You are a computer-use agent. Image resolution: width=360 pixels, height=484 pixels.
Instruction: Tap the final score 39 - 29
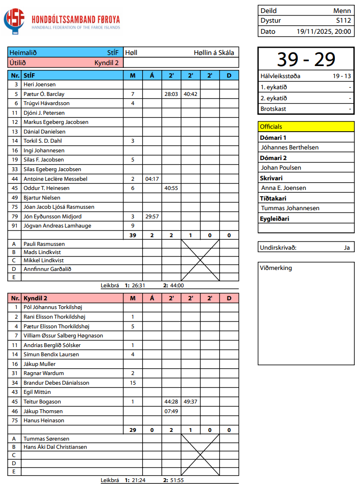tap(306, 59)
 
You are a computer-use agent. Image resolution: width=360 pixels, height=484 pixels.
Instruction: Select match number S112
tap(344, 21)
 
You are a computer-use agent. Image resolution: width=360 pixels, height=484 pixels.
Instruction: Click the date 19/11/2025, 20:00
tap(324, 31)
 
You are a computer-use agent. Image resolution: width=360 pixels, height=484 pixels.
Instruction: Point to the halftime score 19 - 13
tap(341, 76)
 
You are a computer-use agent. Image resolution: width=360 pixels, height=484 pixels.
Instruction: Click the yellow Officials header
tap(306, 127)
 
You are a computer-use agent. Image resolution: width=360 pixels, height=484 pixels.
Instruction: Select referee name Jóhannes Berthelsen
tap(289, 148)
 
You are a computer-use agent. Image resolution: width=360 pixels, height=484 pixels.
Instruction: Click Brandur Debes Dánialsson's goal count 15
tap(133, 383)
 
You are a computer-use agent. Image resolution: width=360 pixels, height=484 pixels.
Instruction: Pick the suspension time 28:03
tap(171, 94)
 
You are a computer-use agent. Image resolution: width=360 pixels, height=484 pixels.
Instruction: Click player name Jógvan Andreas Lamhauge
tap(57, 226)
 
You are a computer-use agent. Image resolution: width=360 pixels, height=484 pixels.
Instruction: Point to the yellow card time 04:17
tap(152, 179)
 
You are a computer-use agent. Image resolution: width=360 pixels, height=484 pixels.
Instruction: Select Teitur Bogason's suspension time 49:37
tap(190, 402)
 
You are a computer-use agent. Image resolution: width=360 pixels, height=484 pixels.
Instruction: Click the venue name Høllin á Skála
tap(214, 53)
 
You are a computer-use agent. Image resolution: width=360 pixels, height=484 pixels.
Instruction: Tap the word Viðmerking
tap(276, 268)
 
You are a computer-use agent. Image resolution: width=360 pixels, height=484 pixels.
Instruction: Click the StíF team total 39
tap(133, 235)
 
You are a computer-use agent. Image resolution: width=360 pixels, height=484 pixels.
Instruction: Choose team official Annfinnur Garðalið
tap(47, 269)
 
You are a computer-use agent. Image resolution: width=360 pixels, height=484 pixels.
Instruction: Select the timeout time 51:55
tap(176, 480)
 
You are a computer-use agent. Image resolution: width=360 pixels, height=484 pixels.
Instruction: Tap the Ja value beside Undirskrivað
tap(347, 248)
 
